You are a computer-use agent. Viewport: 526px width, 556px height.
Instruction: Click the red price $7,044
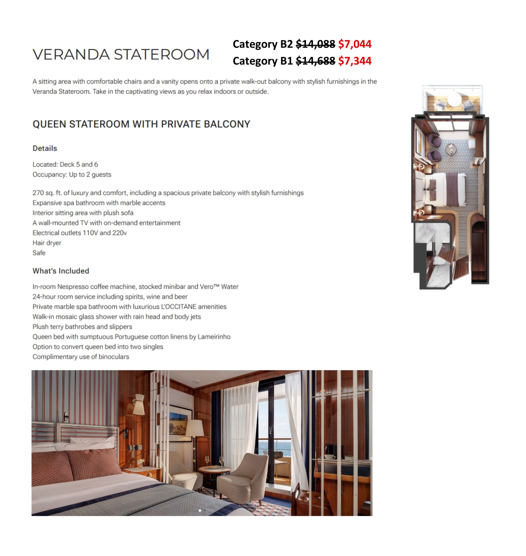coord(354,44)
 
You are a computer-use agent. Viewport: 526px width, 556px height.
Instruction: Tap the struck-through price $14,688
coord(315,61)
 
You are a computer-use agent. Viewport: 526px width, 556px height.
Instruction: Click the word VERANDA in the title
coord(71,54)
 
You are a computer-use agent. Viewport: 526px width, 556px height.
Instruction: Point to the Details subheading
coord(45,148)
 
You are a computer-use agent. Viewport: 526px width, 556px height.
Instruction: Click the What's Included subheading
coord(61,271)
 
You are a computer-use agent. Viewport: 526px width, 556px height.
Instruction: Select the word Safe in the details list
coord(39,253)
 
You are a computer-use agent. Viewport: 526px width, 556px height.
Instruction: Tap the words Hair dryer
coord(47,243)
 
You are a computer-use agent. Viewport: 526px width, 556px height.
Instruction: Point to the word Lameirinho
coord(214,337)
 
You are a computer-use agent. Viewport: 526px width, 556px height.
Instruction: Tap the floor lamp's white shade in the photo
coord(195,428)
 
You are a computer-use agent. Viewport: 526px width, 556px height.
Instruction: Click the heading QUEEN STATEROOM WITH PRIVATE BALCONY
coord(141,124)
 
